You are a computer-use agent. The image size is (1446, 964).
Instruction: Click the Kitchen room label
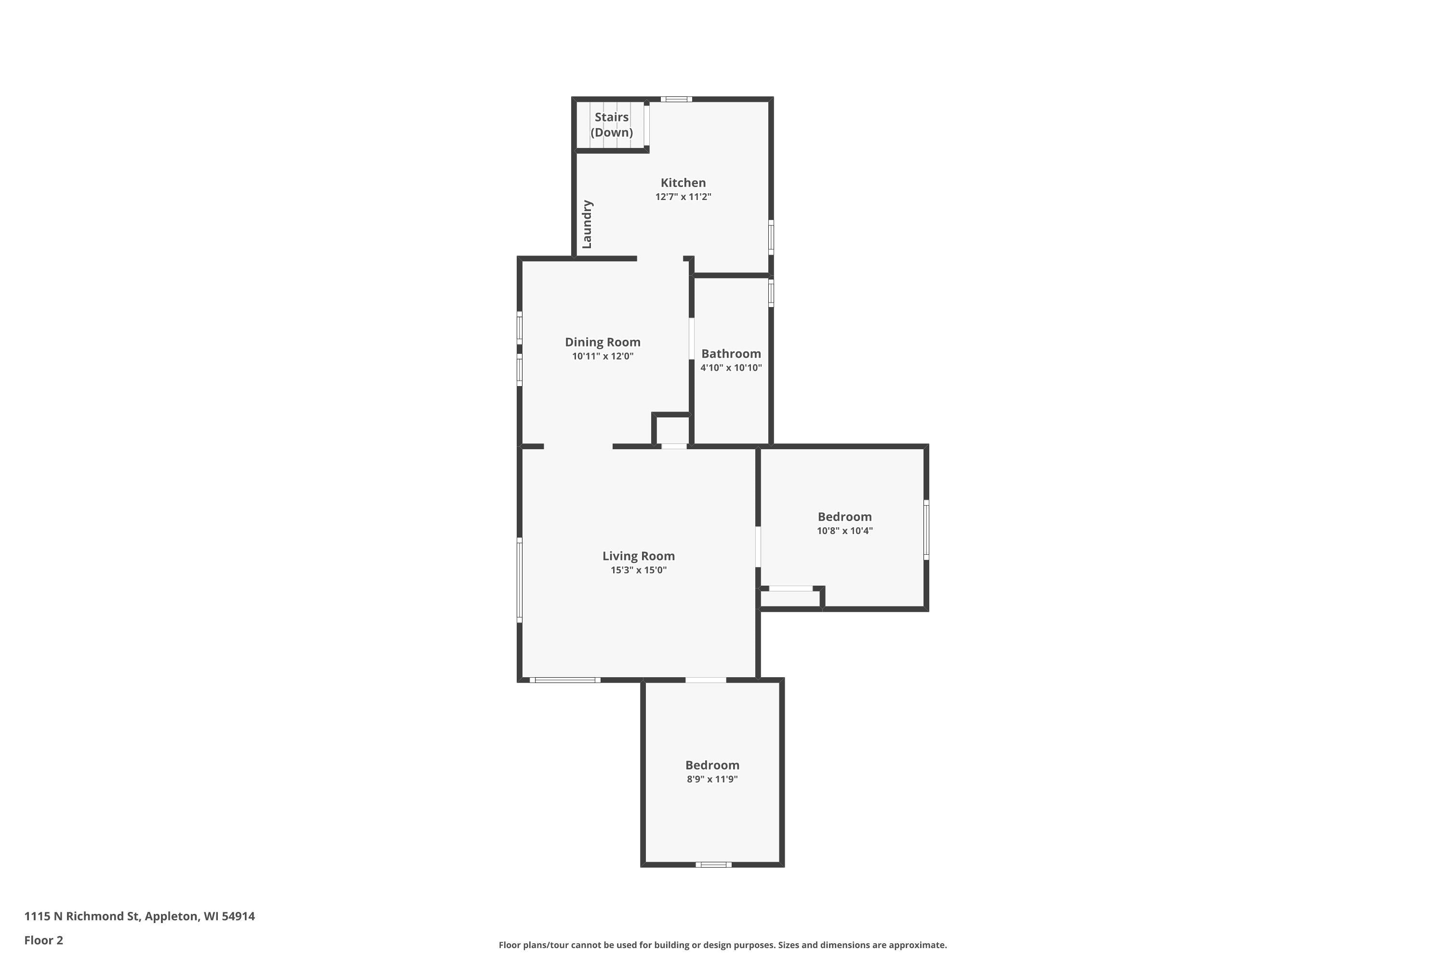click(x=683, y=183)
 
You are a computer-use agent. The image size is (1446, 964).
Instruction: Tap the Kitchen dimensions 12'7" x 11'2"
click(x=683, y=197)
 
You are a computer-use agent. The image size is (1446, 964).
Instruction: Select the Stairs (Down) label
click(x=612, y=125)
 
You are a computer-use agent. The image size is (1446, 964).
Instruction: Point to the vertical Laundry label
click(x=587, y=225)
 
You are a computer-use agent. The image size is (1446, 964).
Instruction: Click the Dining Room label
click(x=602, y=342)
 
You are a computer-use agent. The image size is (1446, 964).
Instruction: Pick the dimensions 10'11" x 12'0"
click(x=602, y=356)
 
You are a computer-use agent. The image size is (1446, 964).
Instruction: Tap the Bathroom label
click(x=731, y=353)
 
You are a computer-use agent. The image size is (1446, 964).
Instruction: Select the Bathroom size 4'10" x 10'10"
click(x=731, y=368)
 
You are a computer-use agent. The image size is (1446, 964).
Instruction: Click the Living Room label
click(x=639, y=556)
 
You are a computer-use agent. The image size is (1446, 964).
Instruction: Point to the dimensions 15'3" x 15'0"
click(x=639, y=570)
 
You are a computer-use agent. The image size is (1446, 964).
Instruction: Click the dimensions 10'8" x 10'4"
click(x=845, y=531)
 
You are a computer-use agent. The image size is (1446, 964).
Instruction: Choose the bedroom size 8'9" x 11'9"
click(x=712, y=779)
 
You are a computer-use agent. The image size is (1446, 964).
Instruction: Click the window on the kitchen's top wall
click(x=676, y=99)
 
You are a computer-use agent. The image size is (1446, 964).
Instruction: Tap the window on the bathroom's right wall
click(x=771, y=293)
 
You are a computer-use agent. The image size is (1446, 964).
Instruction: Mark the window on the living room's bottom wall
click(x=565, y=680)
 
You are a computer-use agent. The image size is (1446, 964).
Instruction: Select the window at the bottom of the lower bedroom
click(x=713, y=864)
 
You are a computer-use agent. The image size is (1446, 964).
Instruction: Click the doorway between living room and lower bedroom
click(x=706, y=680)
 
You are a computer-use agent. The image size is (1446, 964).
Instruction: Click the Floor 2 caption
click(x=44, y=940)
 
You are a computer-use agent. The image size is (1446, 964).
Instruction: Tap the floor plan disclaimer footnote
click(x=723, y=945)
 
